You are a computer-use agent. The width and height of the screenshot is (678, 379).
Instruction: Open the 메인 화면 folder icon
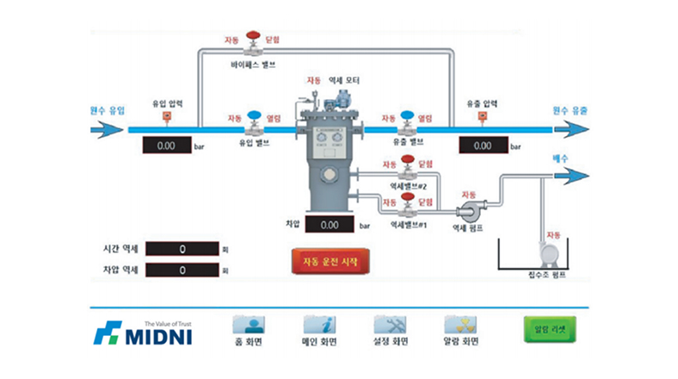[x=320, y=325]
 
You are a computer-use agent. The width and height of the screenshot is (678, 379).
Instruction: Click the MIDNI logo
[x=143, y=332]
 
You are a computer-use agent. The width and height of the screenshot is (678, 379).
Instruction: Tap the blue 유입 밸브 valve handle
[x=255, y=116]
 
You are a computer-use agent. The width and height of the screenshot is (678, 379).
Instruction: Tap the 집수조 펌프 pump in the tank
[x=548, y=252]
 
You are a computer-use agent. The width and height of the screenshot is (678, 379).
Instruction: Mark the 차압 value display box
[x=329, y=225]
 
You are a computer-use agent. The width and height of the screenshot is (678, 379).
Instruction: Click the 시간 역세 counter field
[x=182, y=249]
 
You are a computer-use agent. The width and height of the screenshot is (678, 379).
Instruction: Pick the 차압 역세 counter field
[x=182, y=270]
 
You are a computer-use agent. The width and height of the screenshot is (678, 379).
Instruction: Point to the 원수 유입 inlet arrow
[x=108, y=130]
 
